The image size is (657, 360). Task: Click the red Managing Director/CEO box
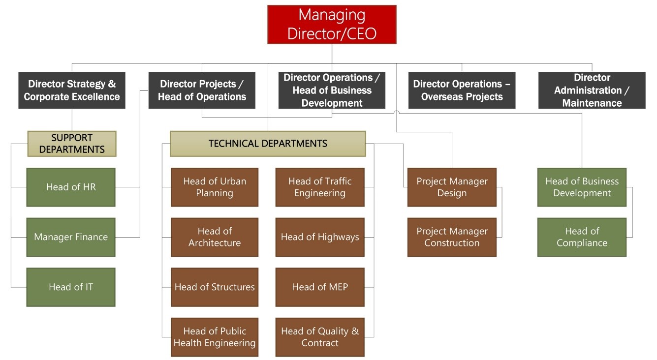[332, 25]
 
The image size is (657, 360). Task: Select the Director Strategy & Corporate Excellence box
[72, 90]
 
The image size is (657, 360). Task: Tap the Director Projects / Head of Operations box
[202, 90]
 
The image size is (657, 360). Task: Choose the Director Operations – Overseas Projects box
[462, 90]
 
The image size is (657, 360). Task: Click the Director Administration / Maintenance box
[592, 90]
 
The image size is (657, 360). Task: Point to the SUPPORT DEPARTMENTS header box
[72, 144]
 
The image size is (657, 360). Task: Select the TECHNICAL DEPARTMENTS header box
[268, 144]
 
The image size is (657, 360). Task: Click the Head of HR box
[71, 187]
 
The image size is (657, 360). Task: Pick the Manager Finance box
[71, 237]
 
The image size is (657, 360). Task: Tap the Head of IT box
[71, 287]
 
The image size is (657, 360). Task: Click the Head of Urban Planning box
[215, 187]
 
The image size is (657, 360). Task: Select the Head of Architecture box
[215, 237]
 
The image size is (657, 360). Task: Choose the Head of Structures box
[215, 287]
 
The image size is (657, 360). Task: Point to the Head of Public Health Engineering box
[215, 337]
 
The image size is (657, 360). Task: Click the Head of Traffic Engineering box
[320, 187]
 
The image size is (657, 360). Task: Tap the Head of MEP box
[320, 287]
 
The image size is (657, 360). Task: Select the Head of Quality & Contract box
[320, 337]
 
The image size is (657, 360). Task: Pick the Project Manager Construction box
[452, 237]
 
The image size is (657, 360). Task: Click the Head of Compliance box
[582, 237]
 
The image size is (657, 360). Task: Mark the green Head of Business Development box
[582, 187]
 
